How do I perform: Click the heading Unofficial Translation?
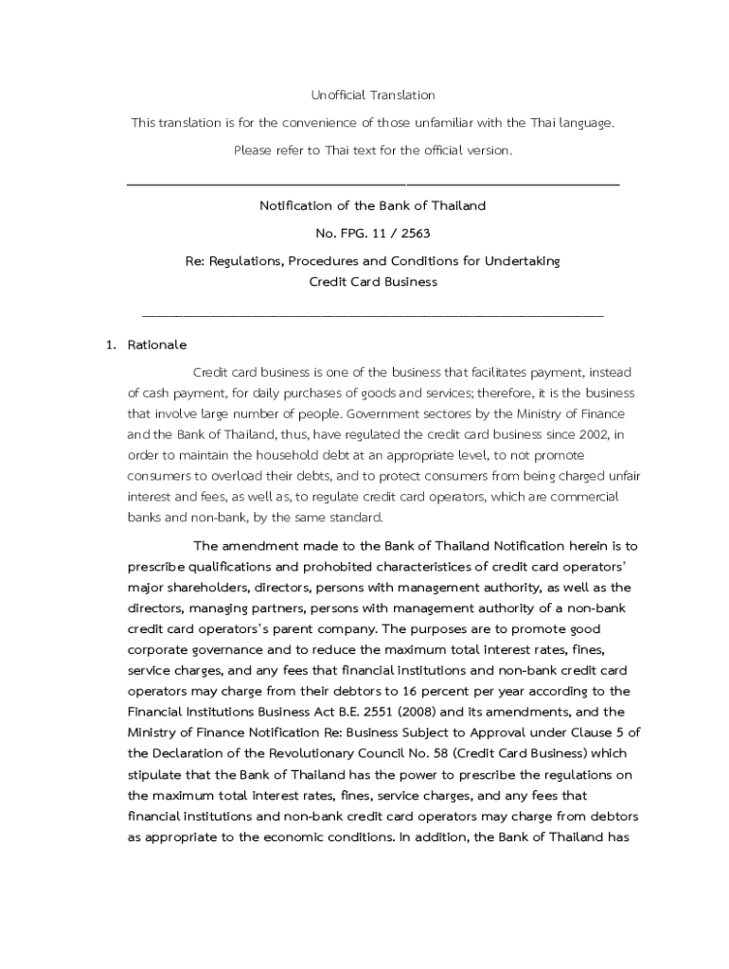pyautogui.click(x=373, y=95)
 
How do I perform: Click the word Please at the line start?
pyautogui.click(x=251, y=150)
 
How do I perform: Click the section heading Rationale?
pyautogui.click(x=157, y=344)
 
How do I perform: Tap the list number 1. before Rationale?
pyautogui.click(x=111, y=344)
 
